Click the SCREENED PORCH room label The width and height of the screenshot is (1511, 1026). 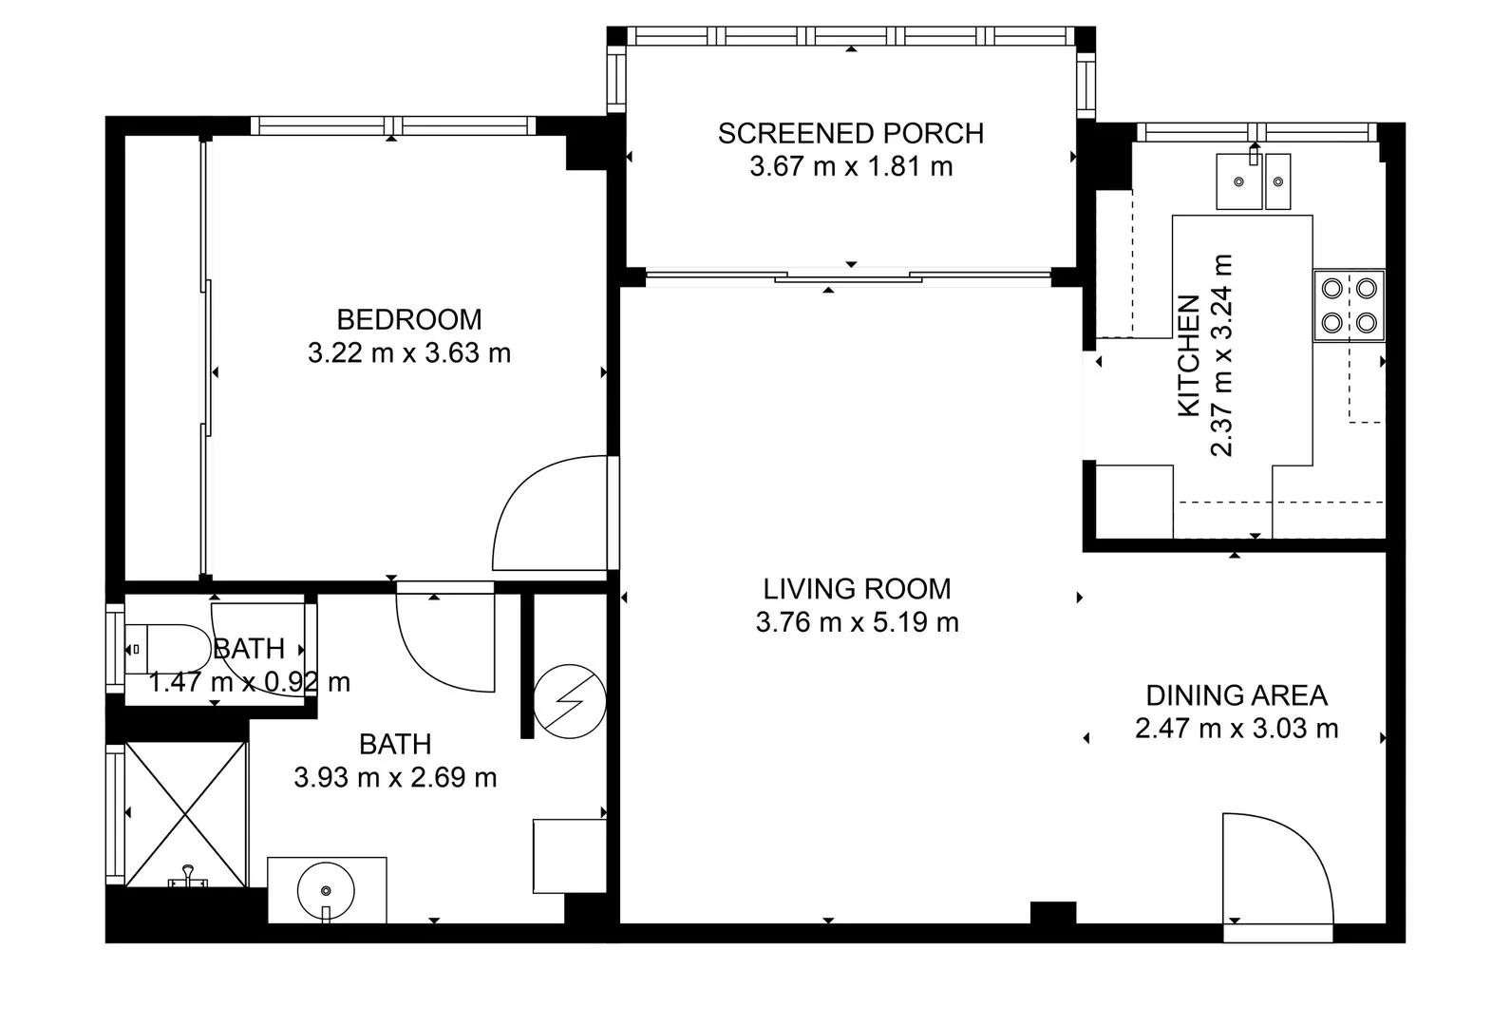[x=850, y=133]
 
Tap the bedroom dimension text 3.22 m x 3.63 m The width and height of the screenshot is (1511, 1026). [x=409, y=353]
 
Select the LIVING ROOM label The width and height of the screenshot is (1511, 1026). [x=857, y=589]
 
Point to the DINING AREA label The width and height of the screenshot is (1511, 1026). [x=1236, y=695]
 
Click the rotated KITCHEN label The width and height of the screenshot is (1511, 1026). [x=1189, y=355]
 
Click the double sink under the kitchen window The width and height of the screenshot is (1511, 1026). [x=1254, y=180]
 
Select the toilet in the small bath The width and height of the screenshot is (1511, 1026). [x=166, y=649]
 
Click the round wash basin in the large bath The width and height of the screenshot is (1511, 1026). [x=326, y=890]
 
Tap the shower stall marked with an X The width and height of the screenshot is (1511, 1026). [x=186, y=814]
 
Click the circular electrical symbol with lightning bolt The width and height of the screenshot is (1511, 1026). [x=570, y=701]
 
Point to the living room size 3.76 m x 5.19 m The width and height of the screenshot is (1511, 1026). [x=857, y=623]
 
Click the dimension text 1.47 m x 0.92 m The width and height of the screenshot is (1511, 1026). [x=250, y=682]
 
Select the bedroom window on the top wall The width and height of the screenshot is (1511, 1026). [x=393, y=125]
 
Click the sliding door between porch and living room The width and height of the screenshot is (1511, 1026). [x=848, y=277]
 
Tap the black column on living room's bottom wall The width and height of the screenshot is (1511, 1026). [x=1052, y=912]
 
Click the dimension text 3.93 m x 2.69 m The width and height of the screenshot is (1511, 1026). [x=395, y=778]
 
